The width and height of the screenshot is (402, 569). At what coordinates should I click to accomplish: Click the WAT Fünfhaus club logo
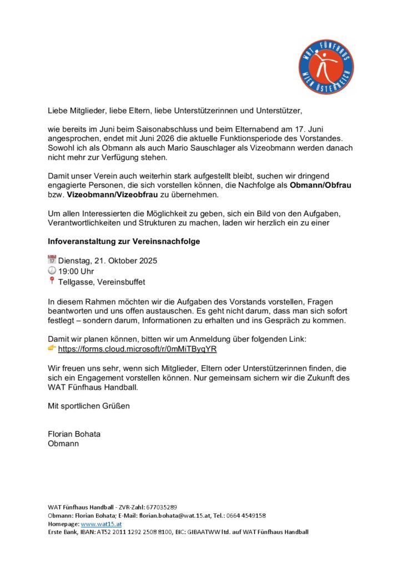326,67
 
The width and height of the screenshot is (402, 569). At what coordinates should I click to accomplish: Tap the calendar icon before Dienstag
52,259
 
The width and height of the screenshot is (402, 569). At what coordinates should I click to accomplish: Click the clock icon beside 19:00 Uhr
52,270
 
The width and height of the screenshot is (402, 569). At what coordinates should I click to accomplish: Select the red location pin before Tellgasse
52,281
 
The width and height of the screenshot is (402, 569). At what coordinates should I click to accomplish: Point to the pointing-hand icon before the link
52,348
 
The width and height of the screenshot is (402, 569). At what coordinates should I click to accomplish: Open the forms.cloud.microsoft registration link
137,349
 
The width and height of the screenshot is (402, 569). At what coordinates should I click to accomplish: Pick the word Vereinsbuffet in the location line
121,282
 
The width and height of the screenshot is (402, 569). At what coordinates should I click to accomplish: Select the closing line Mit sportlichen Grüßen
89,406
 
